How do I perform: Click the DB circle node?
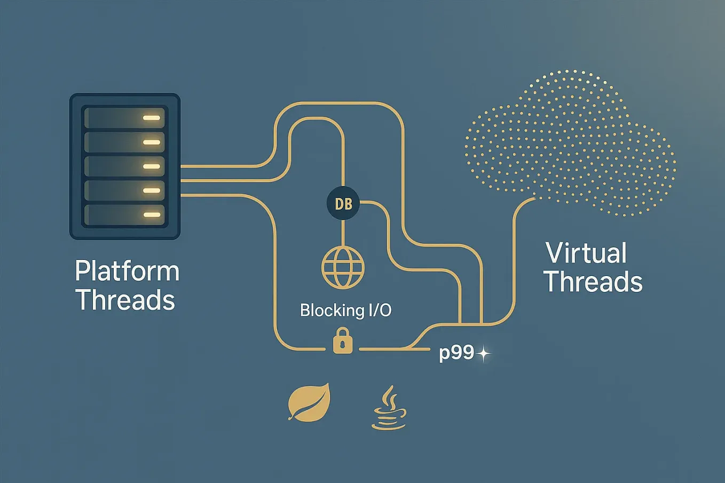pos(343,203)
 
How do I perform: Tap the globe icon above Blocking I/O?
pos(343,267)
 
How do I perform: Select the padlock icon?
pos(343,341)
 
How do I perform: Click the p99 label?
pos(456,354)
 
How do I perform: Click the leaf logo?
pos(309,402)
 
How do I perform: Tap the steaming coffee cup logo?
pos(389,409)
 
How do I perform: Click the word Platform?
pos(127,271)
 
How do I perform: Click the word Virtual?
pos(586,253)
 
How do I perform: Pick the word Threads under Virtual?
pos(593,281)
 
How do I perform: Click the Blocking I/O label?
pos(345,310)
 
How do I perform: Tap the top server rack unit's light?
pos(152,118)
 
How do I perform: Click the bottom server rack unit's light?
pos(152,215)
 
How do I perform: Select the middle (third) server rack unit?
pos(124,167)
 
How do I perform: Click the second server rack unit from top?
pos(124,142)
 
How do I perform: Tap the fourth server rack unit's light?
pos(152,191)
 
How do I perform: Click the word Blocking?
pos(327,310)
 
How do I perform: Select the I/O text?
pos(377,310)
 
